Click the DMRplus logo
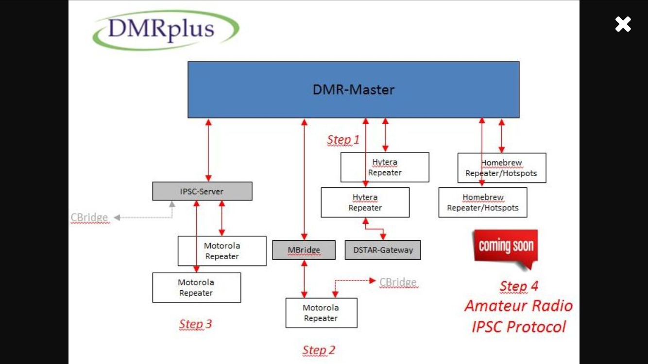click(166, 30)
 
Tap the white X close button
click(623, 24)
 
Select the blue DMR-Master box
click(354, 90)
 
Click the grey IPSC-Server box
click(202, 191)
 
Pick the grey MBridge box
click(304, 250)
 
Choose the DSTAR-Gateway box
click(383, 250)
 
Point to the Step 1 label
click(343, 140)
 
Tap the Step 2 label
click(319, 350)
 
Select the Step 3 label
click(195, 324)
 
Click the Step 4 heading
click(519, 286)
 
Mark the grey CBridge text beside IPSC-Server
click(89, 218)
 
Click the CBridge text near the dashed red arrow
click(398, 282)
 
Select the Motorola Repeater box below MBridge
click(322, 313)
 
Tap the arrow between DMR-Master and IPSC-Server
click(208, 150)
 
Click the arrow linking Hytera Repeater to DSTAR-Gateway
click(375, 229)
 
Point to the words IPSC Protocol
click(519, 327)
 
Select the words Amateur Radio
click(519, 306)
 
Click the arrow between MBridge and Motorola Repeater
click(305, 279)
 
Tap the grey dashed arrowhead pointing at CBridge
click(117, 217)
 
